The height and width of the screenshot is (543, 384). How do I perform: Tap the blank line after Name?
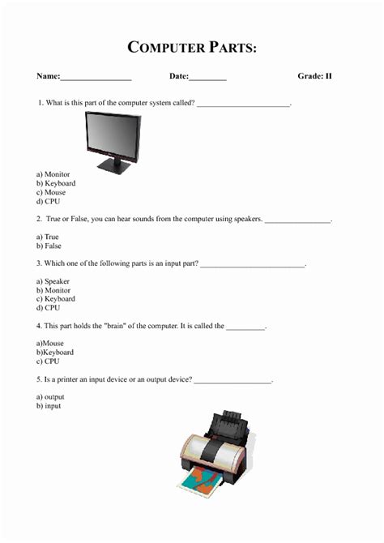(x=96, y=78)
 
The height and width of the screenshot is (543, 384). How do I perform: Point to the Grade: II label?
(x=314, y=76)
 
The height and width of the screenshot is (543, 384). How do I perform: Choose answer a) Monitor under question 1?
(x=53, y=174)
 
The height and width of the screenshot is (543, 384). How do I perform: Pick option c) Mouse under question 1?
(x=51, y=193)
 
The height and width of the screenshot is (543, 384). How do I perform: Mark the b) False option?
(x=49, y=246)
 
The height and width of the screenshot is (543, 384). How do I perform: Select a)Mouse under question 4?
(x=50, y=344)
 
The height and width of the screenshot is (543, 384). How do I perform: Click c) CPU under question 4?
(x=47, y=361)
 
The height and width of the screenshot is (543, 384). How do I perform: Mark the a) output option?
(x=50, y=397)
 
